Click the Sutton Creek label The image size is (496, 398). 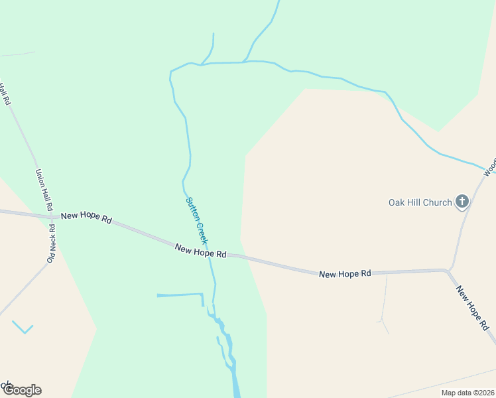[x=196, y=221]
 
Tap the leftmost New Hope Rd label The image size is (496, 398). [x=86, y=217]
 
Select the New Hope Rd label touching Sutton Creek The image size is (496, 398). [x=201, y=250]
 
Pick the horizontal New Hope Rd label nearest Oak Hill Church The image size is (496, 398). [x=344, y=273]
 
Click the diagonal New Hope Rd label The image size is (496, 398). [x=473, y=308]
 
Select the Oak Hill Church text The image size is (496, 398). [x=420, y=202]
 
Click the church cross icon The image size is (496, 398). [x=462, y=202]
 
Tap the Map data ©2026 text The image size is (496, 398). [x=467, y=393]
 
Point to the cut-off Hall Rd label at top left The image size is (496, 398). [x=6, y=94]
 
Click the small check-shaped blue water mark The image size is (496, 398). [x=23, y=328]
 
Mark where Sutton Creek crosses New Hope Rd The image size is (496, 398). [x=210, y=253]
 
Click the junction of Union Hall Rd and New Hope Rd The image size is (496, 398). [x=52, y=216]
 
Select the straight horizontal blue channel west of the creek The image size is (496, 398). [x=179, y=295]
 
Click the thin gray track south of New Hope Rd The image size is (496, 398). [x=384, y=302]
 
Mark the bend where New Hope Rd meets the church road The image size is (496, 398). [x=448, y=270]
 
